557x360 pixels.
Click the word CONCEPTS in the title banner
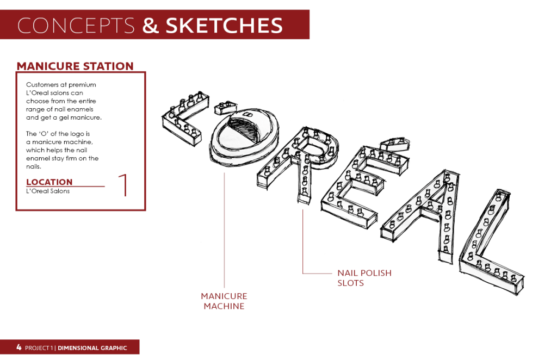[76, 26]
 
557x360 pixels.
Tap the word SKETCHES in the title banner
[224, 26]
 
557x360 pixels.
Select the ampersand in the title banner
[151, 26]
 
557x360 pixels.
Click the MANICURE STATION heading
[75, 66]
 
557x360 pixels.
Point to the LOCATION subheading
[49, 182]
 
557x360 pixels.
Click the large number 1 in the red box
[123, 184]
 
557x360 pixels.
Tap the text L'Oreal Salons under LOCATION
[48, 191]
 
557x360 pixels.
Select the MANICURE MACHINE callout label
[224, 301]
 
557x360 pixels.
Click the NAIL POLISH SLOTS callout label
[364, 278]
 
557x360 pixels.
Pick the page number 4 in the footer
[19, 347]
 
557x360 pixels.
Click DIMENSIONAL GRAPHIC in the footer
[92, 348]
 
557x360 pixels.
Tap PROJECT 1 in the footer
[39, 348]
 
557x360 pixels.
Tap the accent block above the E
[394, 144]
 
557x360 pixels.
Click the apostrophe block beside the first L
[226, 107]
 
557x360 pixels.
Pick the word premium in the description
[82, 85]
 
